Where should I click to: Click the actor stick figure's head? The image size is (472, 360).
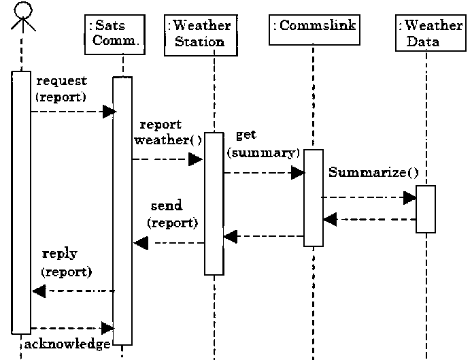pos(22,10)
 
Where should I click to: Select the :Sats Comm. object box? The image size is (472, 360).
pos(115,33)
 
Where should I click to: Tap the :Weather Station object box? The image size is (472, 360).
pos(199,33)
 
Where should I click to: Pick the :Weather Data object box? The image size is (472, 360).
pos(428,33)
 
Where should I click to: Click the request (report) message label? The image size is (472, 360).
pos(61,89)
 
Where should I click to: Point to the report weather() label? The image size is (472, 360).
pos(168,133)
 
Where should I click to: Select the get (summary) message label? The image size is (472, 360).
pos(263,144)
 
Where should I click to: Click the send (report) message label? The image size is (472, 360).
pos(172,214)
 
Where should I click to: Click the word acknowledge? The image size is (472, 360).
pos(67,344)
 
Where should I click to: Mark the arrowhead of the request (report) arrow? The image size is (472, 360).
pos(109,112)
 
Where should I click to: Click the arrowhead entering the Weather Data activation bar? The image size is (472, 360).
pos(409,197)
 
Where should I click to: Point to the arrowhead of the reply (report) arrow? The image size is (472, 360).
pos(39,291)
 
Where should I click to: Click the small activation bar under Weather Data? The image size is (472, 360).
pos(426,209)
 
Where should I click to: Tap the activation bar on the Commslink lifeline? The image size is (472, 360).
pos(314,197)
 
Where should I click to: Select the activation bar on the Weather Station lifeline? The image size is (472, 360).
pos(214,204)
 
